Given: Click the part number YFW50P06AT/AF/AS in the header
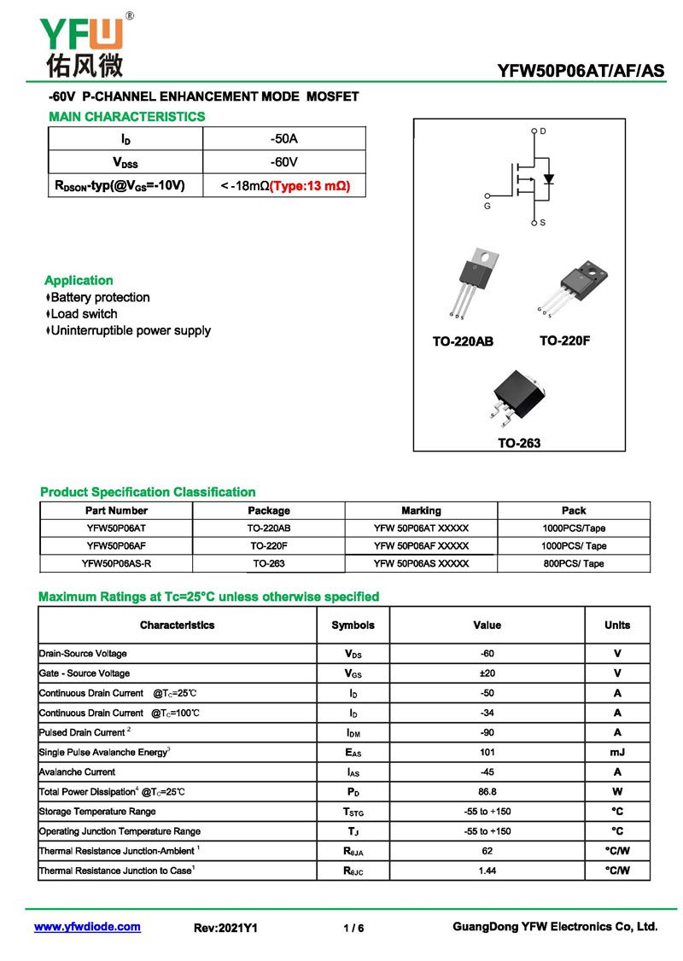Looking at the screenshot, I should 581,72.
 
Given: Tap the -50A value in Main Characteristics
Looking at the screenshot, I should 284,138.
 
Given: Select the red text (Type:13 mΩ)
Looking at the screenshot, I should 310,185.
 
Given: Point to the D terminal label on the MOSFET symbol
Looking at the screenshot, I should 543,131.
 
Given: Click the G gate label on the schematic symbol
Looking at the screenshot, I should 487,206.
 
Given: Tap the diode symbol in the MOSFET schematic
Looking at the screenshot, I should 549,179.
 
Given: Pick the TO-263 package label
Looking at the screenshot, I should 519,443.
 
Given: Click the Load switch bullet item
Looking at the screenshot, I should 84,314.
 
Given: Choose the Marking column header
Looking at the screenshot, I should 421,510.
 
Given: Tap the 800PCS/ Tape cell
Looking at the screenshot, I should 574,563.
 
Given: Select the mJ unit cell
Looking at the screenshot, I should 617,753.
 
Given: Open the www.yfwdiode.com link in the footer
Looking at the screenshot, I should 87,927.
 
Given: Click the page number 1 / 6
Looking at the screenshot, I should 353,928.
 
